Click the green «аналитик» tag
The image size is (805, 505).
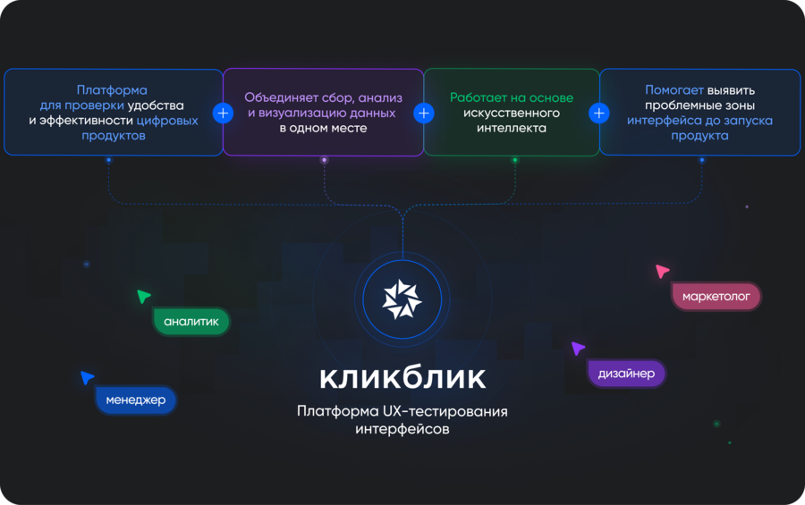[x=191, y=322]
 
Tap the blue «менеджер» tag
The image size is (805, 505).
[x=136, y=400]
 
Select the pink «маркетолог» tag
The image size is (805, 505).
[x=716, y=296]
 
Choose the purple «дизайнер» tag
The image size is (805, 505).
[x=626, y=373]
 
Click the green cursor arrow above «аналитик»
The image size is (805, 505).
[x=143, y=296]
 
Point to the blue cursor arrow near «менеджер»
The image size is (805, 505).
[x=87, y=377]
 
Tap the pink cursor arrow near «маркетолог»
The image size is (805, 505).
[x=662, y=271]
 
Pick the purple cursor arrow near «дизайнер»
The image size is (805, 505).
[x=578, y=348]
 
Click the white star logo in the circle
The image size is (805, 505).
[x=402, y=299]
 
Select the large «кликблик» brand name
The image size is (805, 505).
[x=402, y=378]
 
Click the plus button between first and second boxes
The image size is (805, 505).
[x=223, y=113]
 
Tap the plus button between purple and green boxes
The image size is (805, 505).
[x=424, y=113]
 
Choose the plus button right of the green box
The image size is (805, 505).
[x=598, y=113]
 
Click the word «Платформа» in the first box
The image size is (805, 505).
[x=112, y=90]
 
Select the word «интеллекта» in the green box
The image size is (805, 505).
[x=512, y=128]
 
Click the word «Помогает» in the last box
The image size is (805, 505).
[x=674, y=90]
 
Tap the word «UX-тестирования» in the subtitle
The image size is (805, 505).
[x=445, y=411]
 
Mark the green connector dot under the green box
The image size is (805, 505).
[x=515, y=160]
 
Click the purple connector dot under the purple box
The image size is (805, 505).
[x=324, y=160]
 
